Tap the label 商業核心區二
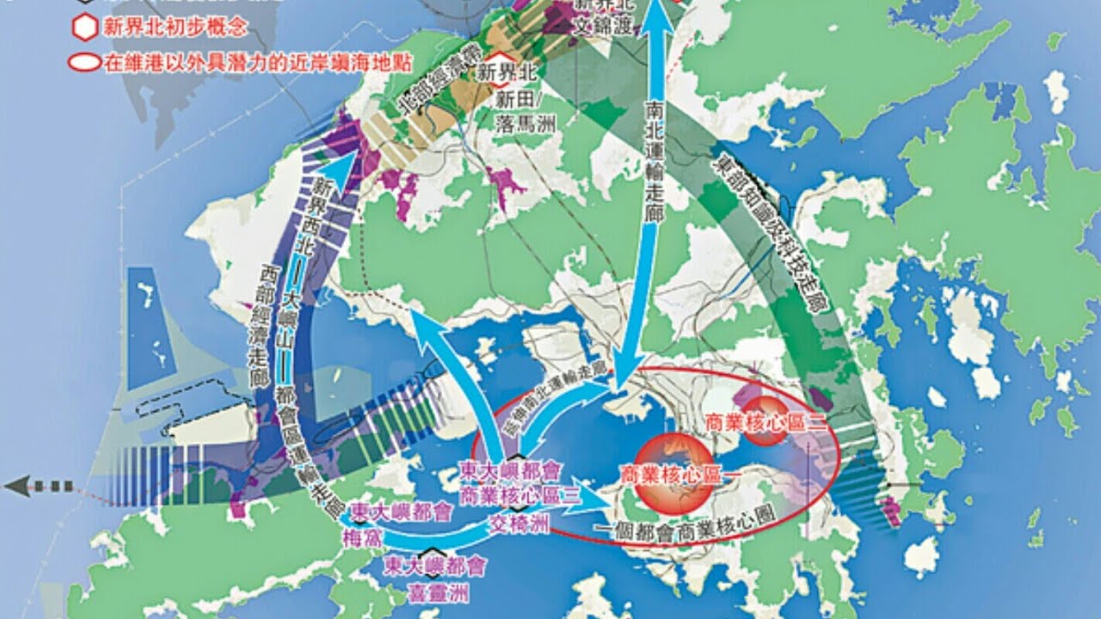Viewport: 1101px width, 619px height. click(753, 423)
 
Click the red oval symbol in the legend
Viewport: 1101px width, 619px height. click(84, 63)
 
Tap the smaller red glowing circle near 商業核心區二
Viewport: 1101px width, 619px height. click(765, 420)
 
